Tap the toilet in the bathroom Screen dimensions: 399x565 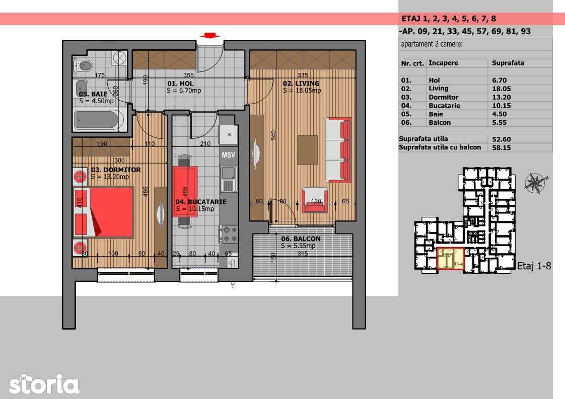click(85, 65)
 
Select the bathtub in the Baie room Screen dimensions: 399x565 click(98, 120)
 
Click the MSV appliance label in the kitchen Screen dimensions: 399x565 click(228, 155)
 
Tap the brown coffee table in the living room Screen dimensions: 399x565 click(307, 149)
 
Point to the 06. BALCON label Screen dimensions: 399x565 click(301, 239)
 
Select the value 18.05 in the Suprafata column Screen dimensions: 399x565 click(501, 89)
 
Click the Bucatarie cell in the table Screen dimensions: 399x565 click(444, 106)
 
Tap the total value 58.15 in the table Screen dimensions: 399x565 click(501, 147)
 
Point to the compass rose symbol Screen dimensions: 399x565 click(535, 182)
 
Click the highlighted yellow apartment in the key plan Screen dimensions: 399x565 click(450, 258)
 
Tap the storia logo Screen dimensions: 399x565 click(44, 384)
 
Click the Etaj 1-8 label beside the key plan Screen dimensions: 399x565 click(534, 266)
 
